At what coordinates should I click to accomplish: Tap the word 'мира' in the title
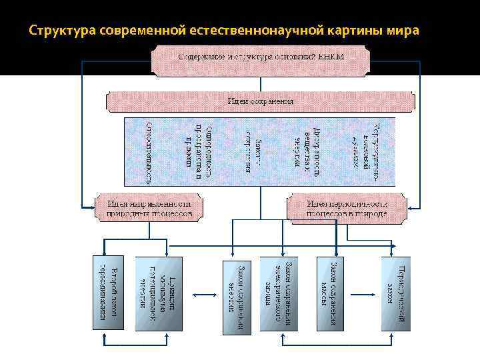pyautogui.click(x=403, y=31)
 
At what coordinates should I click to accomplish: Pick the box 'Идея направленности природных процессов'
pyautogui.click(x=149, y=207)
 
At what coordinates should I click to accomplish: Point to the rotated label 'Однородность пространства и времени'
pyautogui.click(x=199, y=151)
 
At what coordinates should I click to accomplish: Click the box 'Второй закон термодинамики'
pyautogui.click(x=108, y=293)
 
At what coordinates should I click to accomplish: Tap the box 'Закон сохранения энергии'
pyautogui.click(x=241, y=293)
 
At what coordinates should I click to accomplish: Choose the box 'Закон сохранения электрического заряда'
pyautogui.click(x=280, y=293)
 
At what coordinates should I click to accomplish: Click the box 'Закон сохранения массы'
pyautogui.click(x=331, y=293)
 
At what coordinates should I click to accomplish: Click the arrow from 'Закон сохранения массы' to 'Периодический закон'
pyautogui.click(x=364, y=293)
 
